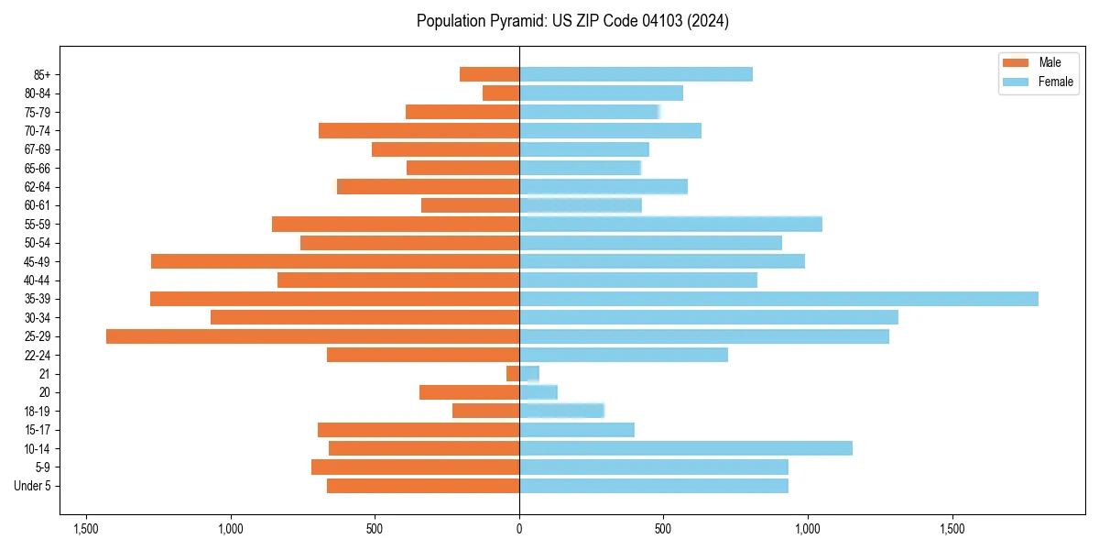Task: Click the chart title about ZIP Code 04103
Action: (x=572, y=21)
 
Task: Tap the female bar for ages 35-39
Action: (x=778, y=299)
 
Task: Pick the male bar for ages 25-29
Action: (x=312, y=336)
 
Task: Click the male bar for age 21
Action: (x=513, y=374)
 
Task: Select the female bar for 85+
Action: (x=636, y=74)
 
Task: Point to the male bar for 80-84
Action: (x=501, y=93)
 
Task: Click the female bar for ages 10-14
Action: (x=686, y=448)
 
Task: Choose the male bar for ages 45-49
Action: (x=335, y=261)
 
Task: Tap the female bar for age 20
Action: (x=539, y=392)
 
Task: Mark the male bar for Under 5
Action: (x=423, y=486)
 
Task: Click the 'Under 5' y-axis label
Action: (x=32, y=486)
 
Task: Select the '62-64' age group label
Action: (x=38, y=187)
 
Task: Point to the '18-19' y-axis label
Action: (x=38, y=412)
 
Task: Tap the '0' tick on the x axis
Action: (x=519, y=529)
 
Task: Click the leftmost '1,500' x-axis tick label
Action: (x=86, y=529)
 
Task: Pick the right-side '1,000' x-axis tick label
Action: (x=808, y=529)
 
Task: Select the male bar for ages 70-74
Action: (x=419, y=130)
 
